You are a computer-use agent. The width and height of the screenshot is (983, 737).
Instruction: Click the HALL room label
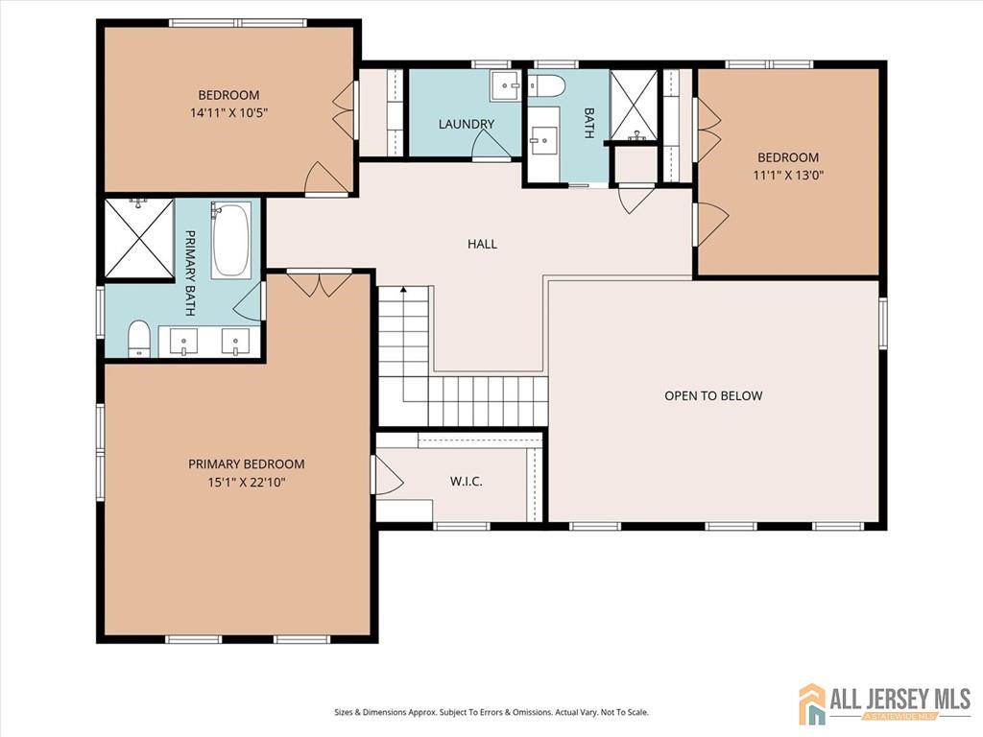point(482,244)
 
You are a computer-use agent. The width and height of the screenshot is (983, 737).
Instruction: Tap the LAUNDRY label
point(467,124)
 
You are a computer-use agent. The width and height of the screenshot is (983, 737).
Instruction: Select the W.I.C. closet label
point(466,482)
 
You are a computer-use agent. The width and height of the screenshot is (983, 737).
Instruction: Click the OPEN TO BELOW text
point(713,395)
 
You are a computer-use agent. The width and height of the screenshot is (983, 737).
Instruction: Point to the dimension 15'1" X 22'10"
point(247,483)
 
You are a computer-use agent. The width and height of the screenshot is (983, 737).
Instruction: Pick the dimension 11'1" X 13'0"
point(788,175)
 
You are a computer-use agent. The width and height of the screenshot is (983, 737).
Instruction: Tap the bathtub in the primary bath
point(230,239)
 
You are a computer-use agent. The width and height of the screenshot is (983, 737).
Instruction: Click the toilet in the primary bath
point(138,339)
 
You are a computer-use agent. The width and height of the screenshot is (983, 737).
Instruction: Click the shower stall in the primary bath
point(138,238)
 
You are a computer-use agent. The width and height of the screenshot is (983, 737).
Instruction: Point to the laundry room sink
point(505,85)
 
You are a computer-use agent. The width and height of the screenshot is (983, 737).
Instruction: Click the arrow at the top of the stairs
point(404,290)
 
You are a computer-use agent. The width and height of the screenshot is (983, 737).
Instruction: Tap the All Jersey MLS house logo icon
point(812,703)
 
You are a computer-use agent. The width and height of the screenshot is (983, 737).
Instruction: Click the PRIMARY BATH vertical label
point(191,273)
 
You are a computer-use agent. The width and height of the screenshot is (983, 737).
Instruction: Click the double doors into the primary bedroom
point(320,283)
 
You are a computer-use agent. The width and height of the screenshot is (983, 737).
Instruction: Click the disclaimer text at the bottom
point(491,713)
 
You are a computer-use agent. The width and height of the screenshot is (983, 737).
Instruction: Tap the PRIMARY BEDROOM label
point(247,464)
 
